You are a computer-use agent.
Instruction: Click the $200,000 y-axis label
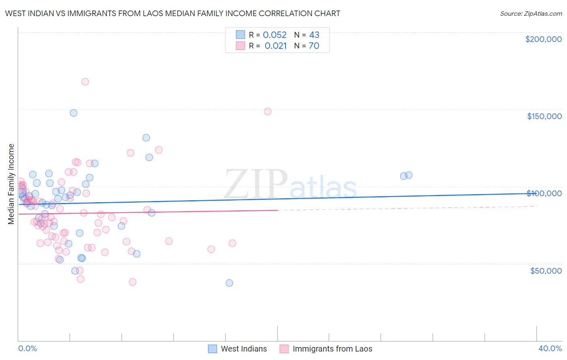pyautogui.click(x=543, y=39)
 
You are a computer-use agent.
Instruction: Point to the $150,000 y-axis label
pyautogui.click(x=544, y=116)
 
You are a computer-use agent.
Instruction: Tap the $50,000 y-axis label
pyautogui.click(x=546, y=270)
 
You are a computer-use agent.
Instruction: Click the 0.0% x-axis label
pyautogui.click(x=27, y=348)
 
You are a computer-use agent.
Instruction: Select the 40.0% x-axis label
pyautogui.click(x=550, y=348)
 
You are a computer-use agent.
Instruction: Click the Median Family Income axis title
pyautogui.click(x=11, y=184)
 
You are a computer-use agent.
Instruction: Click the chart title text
pyautogui.click(x=173, y=13)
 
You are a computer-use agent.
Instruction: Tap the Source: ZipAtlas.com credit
pyautogui.click(x=531, y=13)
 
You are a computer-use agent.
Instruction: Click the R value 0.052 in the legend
pyautogui.click(x=275, y=35)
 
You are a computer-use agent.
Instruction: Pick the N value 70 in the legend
pyautogui.click(x=314, y=46)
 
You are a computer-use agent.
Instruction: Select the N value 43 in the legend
pyautogui.click(x=314, y=35)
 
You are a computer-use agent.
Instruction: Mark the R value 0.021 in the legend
pyautogui.click(x=275, y=46)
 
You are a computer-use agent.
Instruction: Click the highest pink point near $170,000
pyautogui.click(x=85, y=82)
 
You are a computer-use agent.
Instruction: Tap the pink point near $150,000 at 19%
pyautogui.click(x=267, y=111)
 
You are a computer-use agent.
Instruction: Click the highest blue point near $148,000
pyautogui.click(x=73, y=113)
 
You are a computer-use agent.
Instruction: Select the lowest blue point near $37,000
pyautogui.click(x=229, y=283)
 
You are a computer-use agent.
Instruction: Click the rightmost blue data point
pyautogui.click(x=409, y=175)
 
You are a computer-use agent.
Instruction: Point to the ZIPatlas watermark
pyautogui.click(x=290, y=185)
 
